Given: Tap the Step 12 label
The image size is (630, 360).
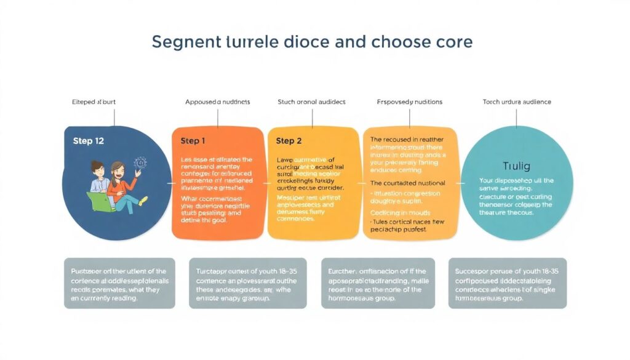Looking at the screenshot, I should coord(88,141).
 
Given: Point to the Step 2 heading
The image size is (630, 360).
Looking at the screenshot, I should coord(289,141).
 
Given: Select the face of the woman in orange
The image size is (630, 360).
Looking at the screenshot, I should coord(118,170).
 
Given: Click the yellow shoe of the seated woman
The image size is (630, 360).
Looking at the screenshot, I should coord(143,201).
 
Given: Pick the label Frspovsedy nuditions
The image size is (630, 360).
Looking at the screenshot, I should coord(409,102).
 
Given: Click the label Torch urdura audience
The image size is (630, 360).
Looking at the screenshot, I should coord(516,102).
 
